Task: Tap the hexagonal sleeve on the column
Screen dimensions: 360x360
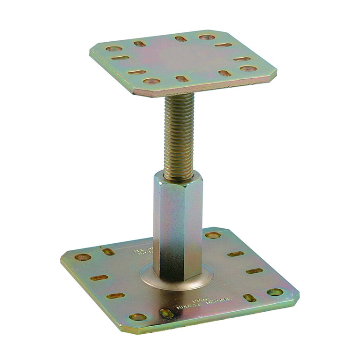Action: pos(178,225)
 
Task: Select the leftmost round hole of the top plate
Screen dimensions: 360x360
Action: pos(113,48)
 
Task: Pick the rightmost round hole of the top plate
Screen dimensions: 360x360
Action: pos(248,68)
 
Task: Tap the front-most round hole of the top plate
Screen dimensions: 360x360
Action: pos(151,81)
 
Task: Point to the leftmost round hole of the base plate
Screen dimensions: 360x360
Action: pos(83,257)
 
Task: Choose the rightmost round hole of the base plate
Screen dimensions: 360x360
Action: pos(275,292)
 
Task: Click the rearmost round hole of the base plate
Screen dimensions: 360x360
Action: pos(213,235)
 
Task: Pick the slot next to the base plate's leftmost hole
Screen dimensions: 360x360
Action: pos(109,252)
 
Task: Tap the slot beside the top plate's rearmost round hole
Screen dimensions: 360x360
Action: pos(180,38)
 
